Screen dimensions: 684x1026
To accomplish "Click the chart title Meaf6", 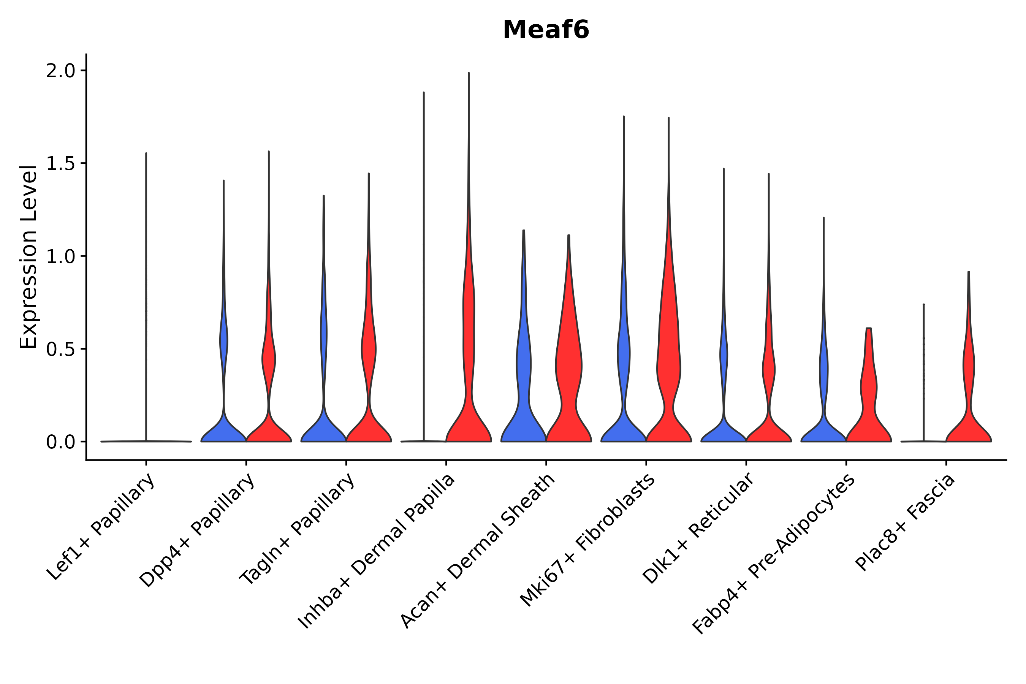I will (x=546, y=30).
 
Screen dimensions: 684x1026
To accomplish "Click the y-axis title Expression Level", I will (x=28, y=256).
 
